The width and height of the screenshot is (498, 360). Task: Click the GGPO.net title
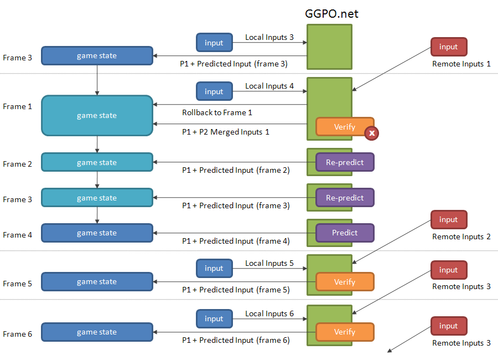point(331,13)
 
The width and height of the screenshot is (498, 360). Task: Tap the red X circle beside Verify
point(371,133)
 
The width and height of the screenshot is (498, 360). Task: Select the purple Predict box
point(345,233)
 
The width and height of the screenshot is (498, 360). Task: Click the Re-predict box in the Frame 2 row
point(345,162)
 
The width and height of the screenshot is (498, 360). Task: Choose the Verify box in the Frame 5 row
point(345,282)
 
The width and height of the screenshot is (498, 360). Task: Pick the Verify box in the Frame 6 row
point(345,332)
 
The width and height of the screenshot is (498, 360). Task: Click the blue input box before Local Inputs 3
point(214,43)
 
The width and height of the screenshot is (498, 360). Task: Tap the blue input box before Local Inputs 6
point(214,319)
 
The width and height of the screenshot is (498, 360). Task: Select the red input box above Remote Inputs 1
point(448,47)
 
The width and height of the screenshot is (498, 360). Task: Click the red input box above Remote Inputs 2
point(448,220)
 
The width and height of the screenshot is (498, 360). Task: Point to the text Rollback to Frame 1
point(217,112)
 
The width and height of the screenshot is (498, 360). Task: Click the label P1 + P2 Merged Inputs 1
point(226,132)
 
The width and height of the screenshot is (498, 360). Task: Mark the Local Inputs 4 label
point(266,86)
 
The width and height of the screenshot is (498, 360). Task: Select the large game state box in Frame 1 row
point(97,115)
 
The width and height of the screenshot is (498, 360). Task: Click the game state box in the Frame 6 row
point(97,332)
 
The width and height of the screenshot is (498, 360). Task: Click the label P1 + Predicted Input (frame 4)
point(236,241)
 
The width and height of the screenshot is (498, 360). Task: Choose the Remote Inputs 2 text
point(461,237)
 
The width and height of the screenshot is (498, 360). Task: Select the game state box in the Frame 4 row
point(97,233)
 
